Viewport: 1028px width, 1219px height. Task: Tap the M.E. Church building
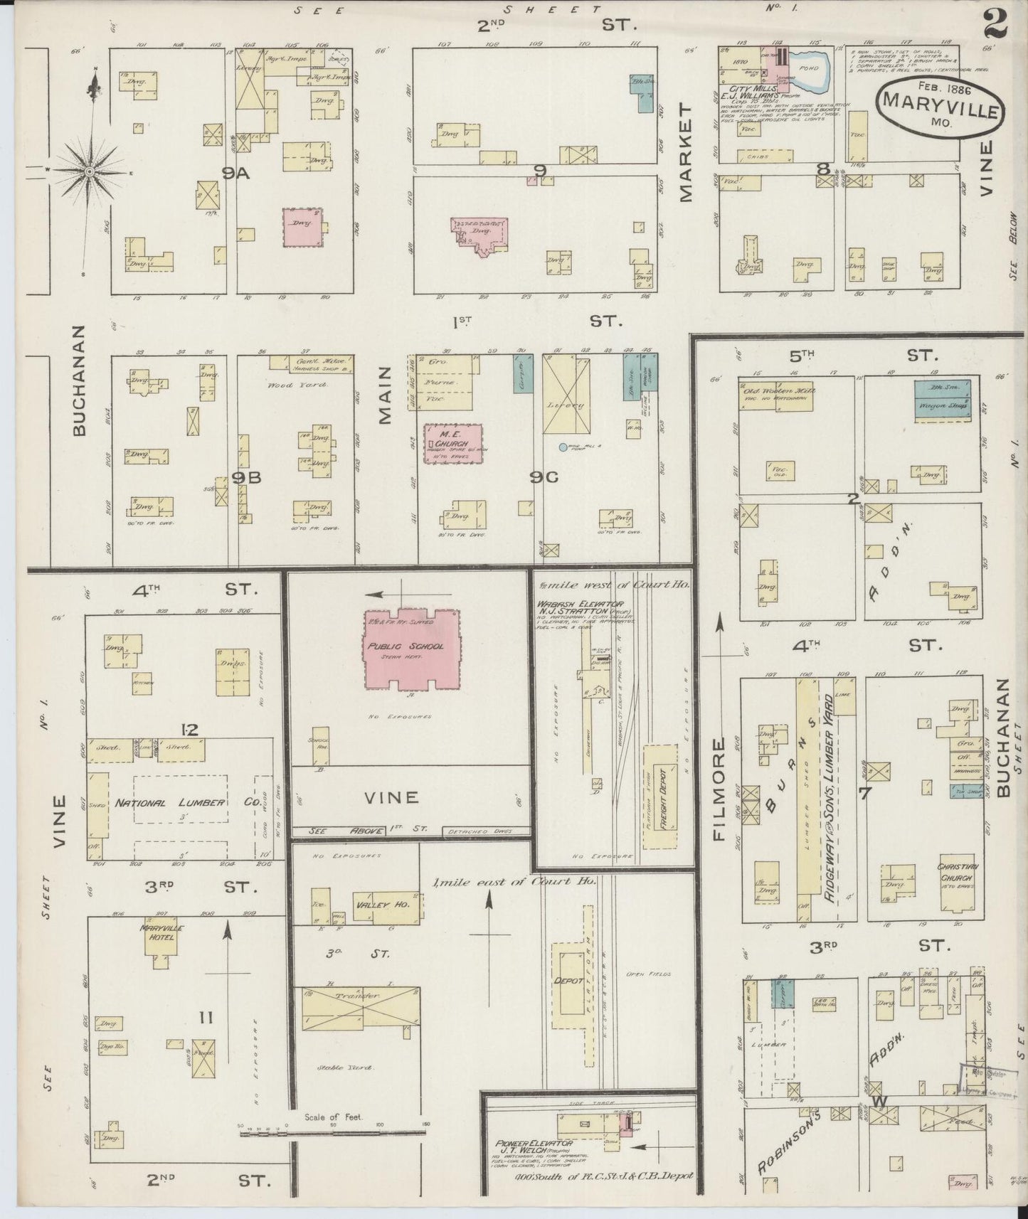[x=452, y=445]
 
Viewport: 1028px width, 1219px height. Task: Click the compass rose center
[x=90, y=171]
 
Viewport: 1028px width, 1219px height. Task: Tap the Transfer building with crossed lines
[x=360, y=1006]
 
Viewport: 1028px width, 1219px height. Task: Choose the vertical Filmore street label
[x=720, y=788]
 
